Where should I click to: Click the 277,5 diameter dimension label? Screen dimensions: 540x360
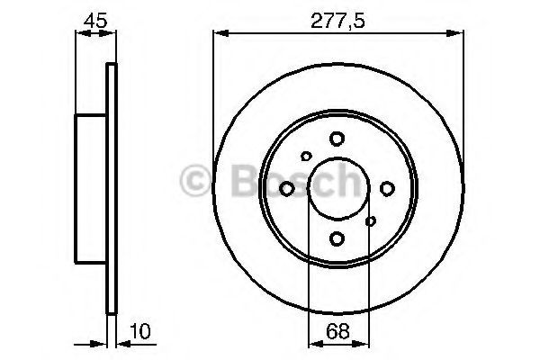click(337, 21)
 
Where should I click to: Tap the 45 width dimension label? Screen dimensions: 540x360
click(95, 21)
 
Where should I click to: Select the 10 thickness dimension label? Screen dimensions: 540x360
click(140, 331)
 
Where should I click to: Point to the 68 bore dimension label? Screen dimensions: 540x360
click(337, 331)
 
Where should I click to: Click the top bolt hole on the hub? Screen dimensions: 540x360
click(337, 139)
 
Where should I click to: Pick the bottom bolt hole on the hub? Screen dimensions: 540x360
click(337, 238)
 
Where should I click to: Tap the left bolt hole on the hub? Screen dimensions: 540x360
click(287, 189)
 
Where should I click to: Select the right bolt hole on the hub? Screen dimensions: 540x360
click(387, 188)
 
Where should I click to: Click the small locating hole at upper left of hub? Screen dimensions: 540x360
click(306, 156)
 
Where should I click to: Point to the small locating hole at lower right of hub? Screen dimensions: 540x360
click(371, 221)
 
